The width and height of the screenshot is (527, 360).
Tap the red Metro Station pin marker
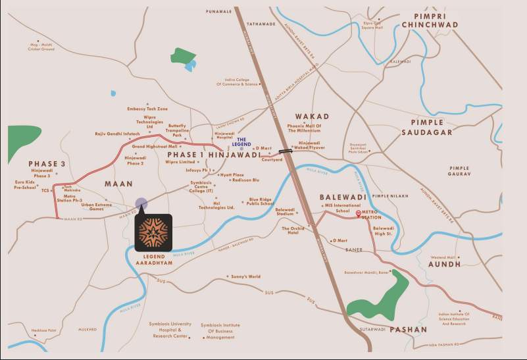(x=359, y=213)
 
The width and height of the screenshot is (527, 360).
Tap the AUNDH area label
(x=445, y=264)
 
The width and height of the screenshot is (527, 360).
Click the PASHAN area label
(x=408, y=329)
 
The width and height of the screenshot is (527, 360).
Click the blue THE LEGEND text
(x=241, y=141)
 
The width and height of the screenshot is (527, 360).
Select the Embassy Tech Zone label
(x=148, y=108)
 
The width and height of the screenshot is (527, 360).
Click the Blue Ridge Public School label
(x=261, y=201)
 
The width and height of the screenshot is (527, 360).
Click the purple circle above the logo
(x=141, y=204)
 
